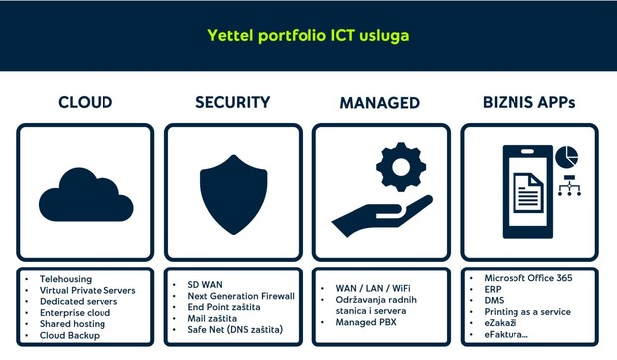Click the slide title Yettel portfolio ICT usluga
tap(308, 35)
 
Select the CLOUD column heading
tap(85, 102)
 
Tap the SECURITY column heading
tap(232, 102)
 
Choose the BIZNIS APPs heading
tap(528, 102)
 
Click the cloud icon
tap(85, 189)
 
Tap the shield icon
tap(232, 190)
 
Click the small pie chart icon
tap(566, 157)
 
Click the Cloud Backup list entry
tap(71, 335)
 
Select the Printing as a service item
tap(526, 312)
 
